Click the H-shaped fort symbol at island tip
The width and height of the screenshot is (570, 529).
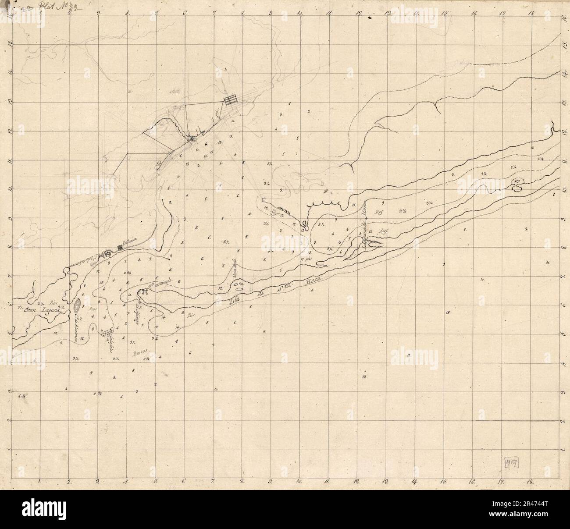145,293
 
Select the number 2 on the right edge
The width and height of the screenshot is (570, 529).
564,421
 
